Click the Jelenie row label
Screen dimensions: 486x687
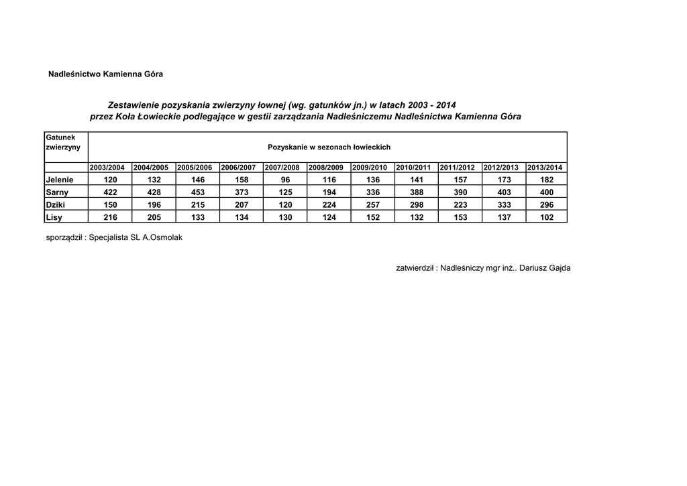pos(59,180)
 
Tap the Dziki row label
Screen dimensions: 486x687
pos(56,204)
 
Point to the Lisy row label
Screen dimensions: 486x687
pos(54,217)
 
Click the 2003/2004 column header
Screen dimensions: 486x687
pos(107,168)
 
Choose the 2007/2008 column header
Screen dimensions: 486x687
pos(282,168)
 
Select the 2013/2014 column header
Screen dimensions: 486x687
pos(545,168)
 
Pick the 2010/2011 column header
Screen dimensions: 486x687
pos(413,168)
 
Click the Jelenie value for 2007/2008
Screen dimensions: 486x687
pos(286,180)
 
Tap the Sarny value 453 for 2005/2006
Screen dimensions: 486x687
pos(198,192)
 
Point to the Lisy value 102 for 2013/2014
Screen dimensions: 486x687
pos(547,217)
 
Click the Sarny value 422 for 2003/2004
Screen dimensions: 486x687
pos(110,192)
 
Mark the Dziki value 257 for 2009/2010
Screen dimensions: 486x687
pos(373,204)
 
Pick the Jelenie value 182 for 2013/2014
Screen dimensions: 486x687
pos(547,180)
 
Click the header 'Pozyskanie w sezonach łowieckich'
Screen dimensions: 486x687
pos(329,147)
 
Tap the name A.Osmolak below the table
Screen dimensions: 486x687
pos(162,237)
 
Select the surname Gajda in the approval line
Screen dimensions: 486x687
pos(558,268)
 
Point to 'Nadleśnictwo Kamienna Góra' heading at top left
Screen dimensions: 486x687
pos(105,73)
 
